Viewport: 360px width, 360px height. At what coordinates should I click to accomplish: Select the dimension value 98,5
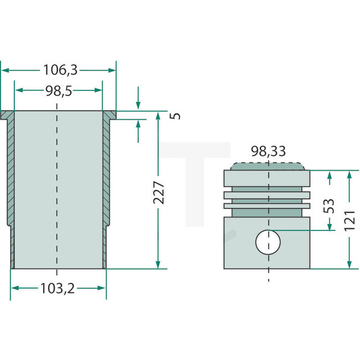coord(58,90)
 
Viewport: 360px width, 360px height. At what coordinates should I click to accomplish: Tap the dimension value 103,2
coord(58,288)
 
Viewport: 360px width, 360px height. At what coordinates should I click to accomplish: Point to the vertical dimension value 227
coord(159,192)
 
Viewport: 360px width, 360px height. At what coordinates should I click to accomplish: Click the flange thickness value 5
coord(176,116)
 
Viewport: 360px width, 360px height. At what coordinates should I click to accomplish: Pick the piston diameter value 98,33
coord(269,151)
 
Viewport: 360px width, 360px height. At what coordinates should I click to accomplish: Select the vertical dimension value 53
coord(329,205)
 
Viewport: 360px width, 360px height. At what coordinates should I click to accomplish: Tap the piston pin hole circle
coord(268,241)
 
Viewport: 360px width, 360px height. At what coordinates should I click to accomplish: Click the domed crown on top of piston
coord(268,166)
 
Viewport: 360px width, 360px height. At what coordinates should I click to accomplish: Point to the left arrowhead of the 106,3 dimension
coord(4,70)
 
